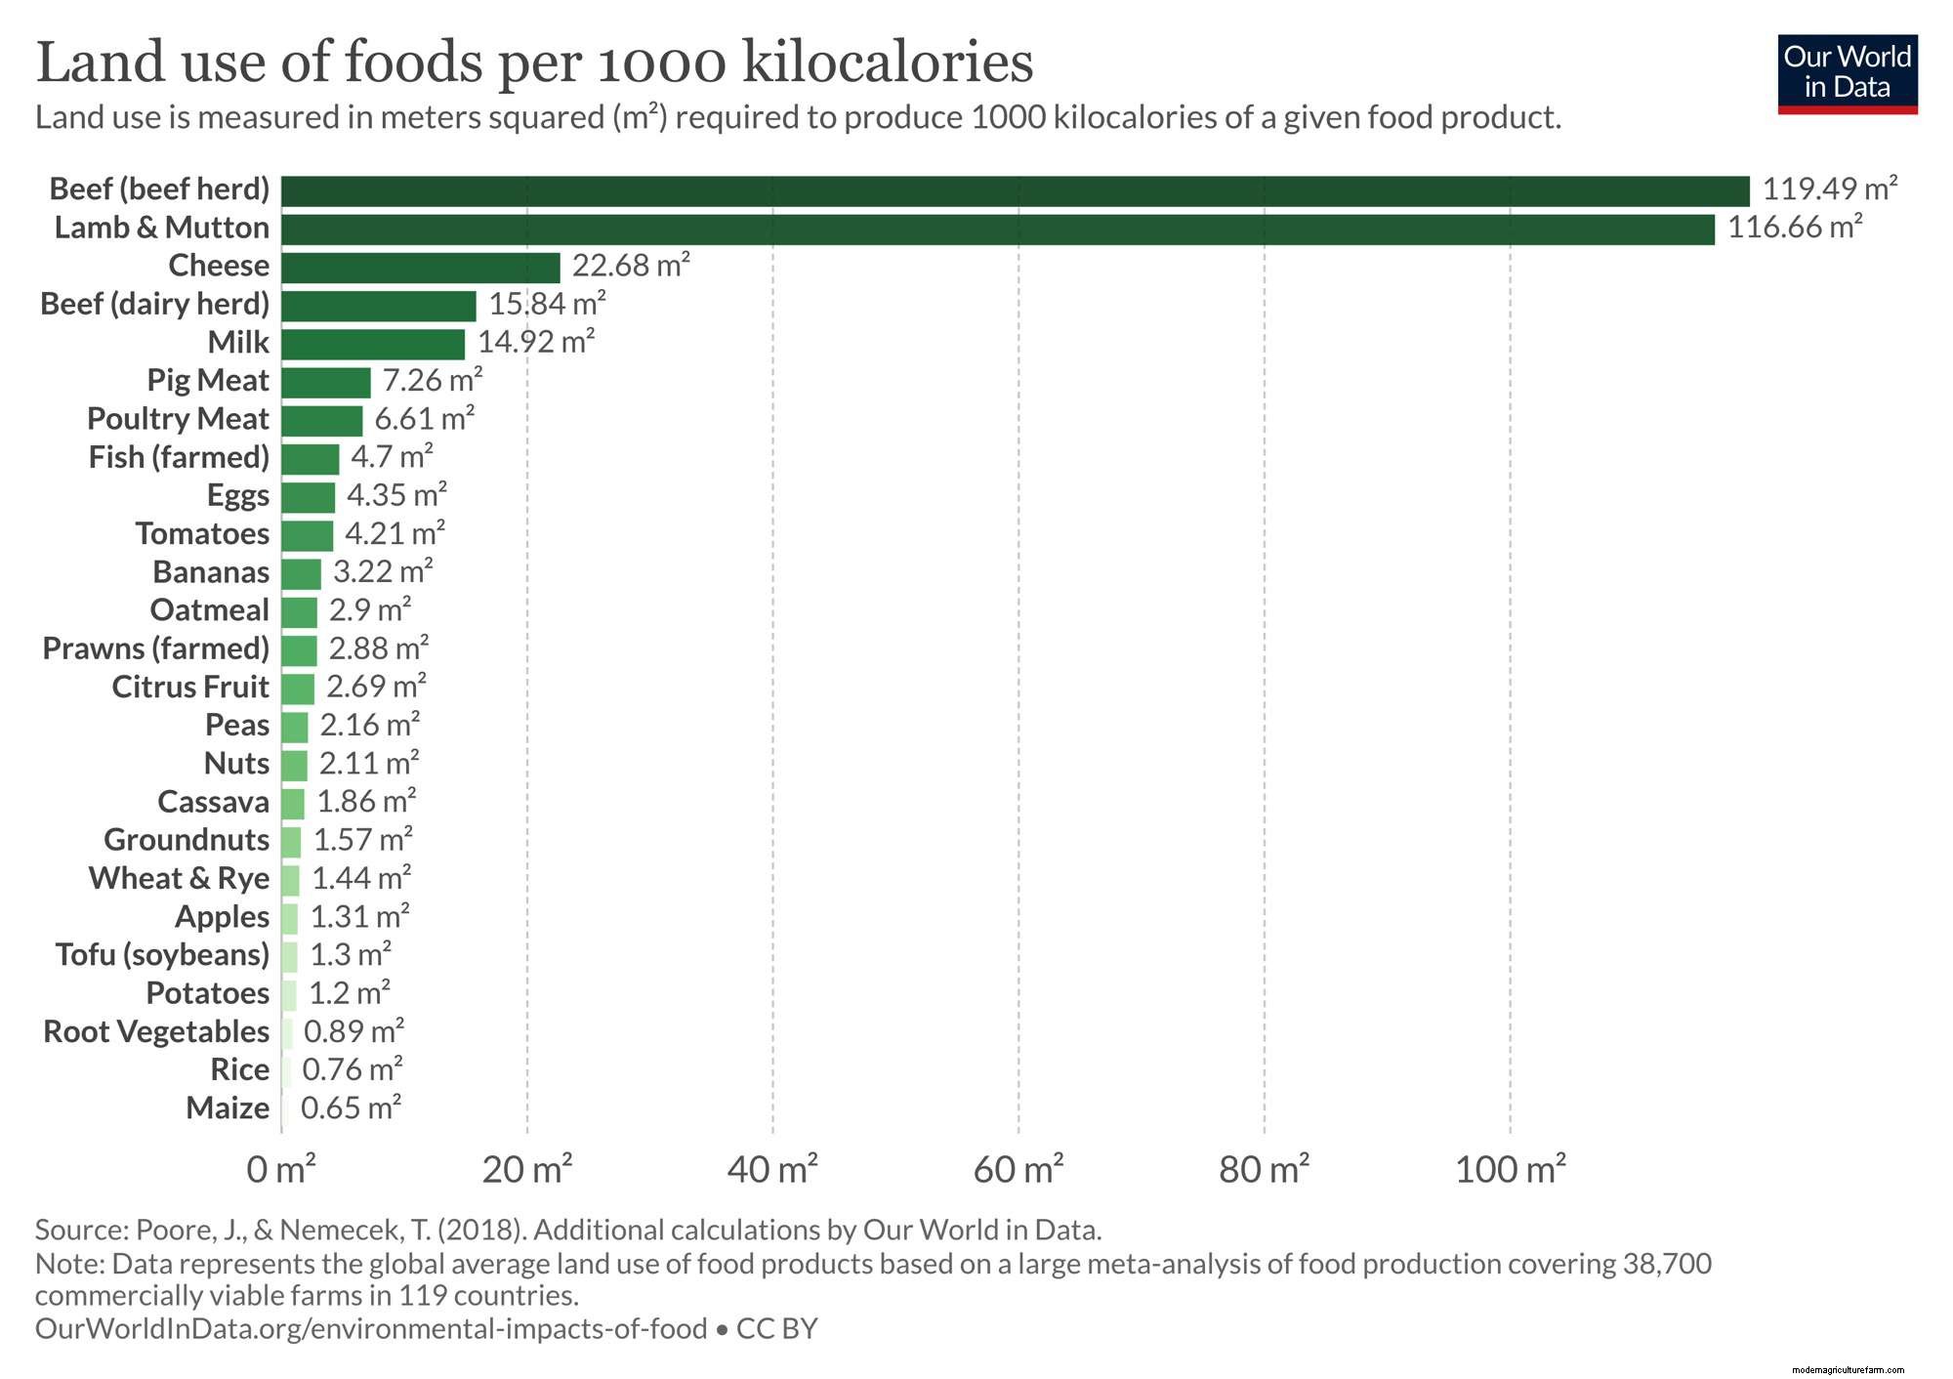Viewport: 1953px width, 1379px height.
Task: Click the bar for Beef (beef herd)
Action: pos(1016,191)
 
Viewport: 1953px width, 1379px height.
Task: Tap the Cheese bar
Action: pos(421,268)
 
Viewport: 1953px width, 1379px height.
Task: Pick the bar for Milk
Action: pos(373,344)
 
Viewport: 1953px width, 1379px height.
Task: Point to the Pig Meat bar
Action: pos(326,382)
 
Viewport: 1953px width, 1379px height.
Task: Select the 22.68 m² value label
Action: pos(631,266)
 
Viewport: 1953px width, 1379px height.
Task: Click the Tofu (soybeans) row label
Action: pos(162,955)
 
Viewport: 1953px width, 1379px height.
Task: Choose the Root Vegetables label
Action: pos(156,1031)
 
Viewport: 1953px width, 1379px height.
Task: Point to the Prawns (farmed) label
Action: pos(156,648)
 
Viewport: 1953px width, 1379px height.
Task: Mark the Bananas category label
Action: pos(211,572)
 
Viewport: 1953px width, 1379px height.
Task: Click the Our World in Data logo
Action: pos(1848,74)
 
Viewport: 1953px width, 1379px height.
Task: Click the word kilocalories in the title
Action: pos(887,63)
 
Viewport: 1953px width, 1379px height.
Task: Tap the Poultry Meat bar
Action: pos(322,421)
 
